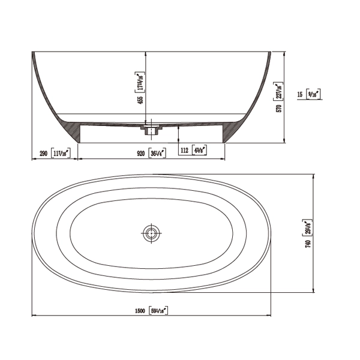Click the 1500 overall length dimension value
tap(140, 310)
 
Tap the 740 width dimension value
tap(308, 244)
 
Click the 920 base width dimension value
tap(140, 153)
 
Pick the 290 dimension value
tap(43, 153)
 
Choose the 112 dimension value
tap(185, 149)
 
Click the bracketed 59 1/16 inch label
tap(158, 310)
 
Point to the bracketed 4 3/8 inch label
tap(200, 149)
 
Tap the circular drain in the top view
tap(151, 232)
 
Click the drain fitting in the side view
tap(151, 128)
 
